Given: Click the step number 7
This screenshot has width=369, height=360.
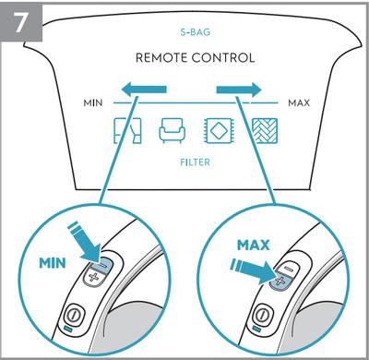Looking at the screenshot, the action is click(x=20, y=21).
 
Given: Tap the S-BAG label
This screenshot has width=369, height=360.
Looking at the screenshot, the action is click(x=196, y=32).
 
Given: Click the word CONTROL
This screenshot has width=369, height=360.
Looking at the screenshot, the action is click(x=223, y=58).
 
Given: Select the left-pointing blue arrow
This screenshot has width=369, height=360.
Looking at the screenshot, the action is click(x=144, y=90).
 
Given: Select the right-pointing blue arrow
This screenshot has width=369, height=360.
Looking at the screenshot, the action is click(x=239, y=90).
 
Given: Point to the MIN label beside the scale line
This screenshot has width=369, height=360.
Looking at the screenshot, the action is click(x=93, y=102).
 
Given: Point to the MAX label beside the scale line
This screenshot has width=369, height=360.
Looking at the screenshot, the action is click(x=299, y=102).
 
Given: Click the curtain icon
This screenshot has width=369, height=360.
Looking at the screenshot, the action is click(x=127, y=130).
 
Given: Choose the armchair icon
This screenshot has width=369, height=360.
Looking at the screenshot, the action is click(x=173, y=131).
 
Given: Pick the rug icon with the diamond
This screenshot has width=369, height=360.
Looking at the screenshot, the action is click(x=218, y=130).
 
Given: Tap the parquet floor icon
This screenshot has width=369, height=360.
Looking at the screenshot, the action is click(x=265, y=130).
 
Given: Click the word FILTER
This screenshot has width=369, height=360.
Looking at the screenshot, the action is click(x=195, y=162).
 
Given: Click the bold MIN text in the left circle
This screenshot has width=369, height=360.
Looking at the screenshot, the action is click(x=53, y=263).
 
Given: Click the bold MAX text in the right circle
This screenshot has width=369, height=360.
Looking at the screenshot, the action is click(x=254, y=245).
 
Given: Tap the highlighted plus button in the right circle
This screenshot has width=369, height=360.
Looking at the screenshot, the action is click(x=280, y=282).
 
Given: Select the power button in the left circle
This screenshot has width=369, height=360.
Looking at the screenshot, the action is click(x=74, y=314).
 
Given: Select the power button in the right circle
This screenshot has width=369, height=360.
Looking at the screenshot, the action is click(x=262, y=314).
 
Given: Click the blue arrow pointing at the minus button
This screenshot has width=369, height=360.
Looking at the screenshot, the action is click(x=85, y=241).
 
